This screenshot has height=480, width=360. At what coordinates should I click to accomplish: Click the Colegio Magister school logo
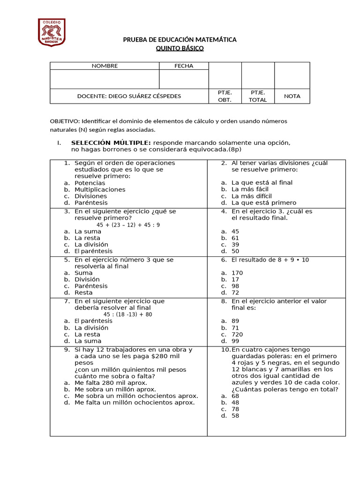52,32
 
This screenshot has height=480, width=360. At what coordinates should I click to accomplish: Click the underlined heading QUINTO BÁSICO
180,48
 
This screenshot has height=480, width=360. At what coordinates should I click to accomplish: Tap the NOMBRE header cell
105,66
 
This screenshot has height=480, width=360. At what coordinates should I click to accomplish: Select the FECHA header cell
184,66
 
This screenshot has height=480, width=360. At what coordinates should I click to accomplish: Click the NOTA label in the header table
292,96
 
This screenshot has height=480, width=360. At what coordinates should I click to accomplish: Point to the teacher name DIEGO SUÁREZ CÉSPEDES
129,96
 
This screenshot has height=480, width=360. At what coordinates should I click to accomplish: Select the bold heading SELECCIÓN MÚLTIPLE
111,142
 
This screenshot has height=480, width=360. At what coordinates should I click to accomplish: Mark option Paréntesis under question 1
91,203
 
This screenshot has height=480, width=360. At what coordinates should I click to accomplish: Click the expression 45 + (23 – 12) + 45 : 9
128,225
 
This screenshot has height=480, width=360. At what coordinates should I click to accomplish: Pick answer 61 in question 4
235,238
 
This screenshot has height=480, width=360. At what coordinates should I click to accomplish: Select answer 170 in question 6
237,273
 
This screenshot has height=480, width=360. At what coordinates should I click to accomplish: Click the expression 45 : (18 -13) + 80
128,315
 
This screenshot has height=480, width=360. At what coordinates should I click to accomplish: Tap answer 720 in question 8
237,335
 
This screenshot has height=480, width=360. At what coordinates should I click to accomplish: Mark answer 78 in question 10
235,409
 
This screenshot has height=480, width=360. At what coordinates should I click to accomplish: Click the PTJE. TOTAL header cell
258,96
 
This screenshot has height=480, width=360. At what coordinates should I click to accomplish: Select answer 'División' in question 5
87,279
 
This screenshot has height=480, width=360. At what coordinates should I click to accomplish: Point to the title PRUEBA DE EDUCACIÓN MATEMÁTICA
180,40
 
